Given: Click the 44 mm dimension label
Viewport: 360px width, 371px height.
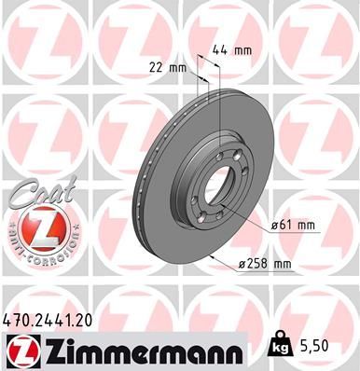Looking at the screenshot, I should tap(237, 48).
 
